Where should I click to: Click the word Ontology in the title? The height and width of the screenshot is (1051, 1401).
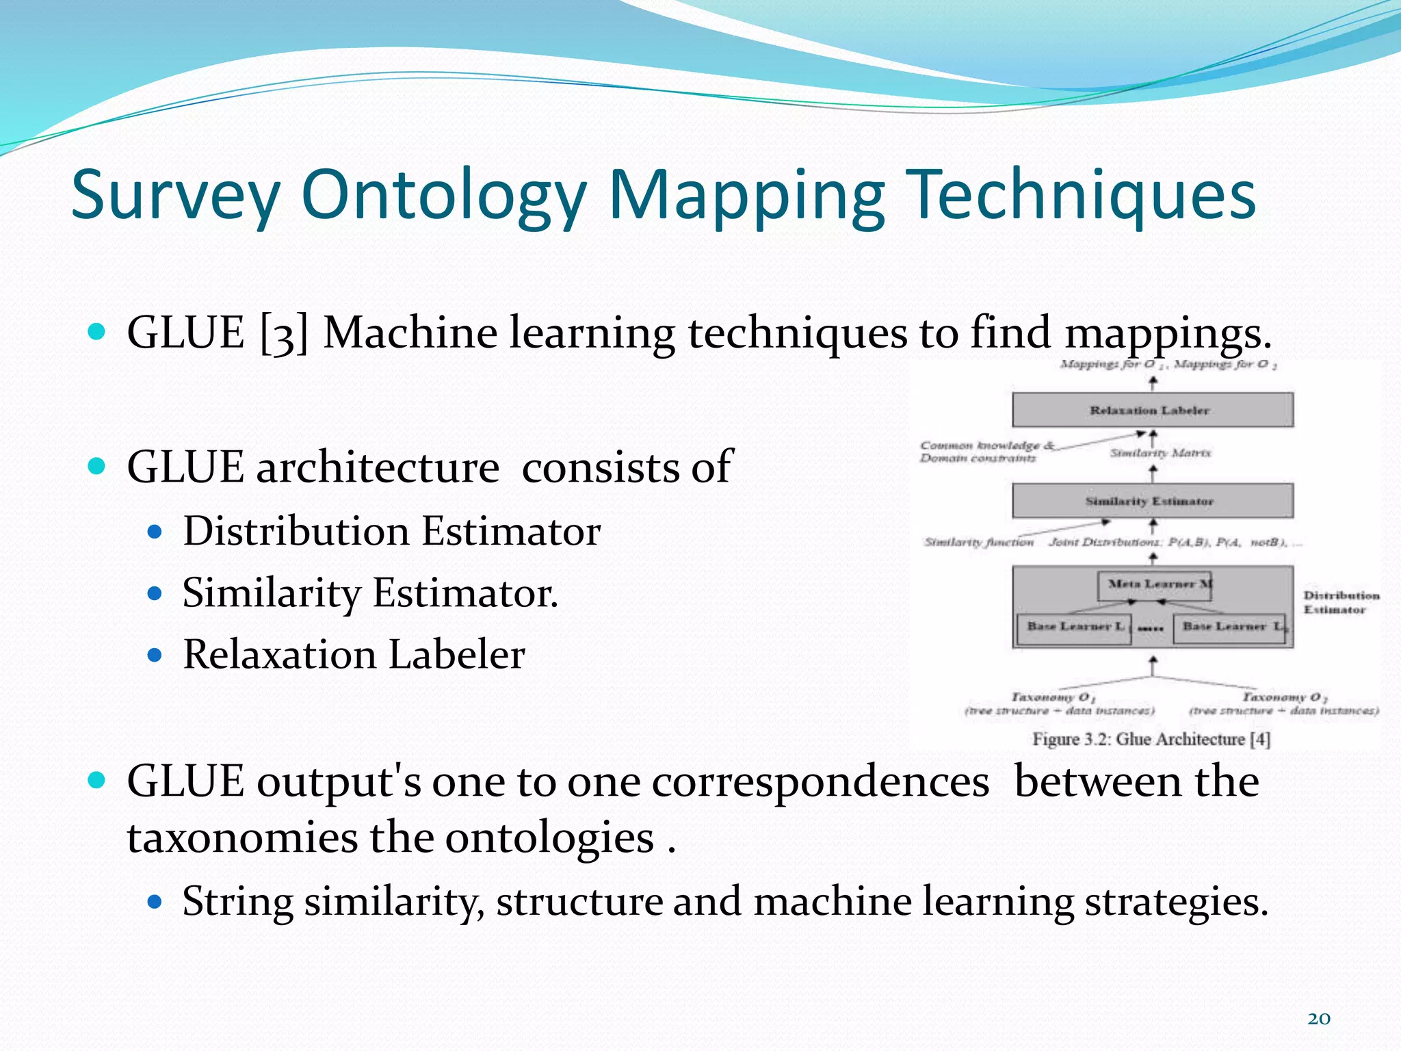coord(443,196)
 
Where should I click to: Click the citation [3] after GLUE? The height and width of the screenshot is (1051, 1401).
coord(284,334)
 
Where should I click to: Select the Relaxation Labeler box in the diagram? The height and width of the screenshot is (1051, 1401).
coord(1152,410)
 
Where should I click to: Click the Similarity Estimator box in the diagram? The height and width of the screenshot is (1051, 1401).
coord(1152,501)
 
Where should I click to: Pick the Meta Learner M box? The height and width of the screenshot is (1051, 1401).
coord(1155,585)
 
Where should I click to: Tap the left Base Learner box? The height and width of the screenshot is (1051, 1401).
coord(1074,627)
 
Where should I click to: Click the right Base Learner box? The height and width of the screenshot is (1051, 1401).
coord(1230,627)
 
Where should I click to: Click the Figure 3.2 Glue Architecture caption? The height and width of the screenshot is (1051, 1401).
coord(1151,739)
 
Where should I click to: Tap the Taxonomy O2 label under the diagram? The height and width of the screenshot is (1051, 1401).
coord(1283,697)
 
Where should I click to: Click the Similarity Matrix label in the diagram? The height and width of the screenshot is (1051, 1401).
coord(1160,453)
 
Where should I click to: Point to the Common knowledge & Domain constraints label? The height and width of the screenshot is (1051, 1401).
coord(982,452)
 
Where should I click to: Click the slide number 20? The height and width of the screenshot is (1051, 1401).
coord(1318,1019)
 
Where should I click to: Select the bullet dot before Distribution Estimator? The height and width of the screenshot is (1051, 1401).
coord(155,532)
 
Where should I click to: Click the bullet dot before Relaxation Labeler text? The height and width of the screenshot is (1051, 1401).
coord(155,655)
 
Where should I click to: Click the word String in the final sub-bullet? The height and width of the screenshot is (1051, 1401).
coord(238,901)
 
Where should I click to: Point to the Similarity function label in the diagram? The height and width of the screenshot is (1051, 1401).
coord(978,543)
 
